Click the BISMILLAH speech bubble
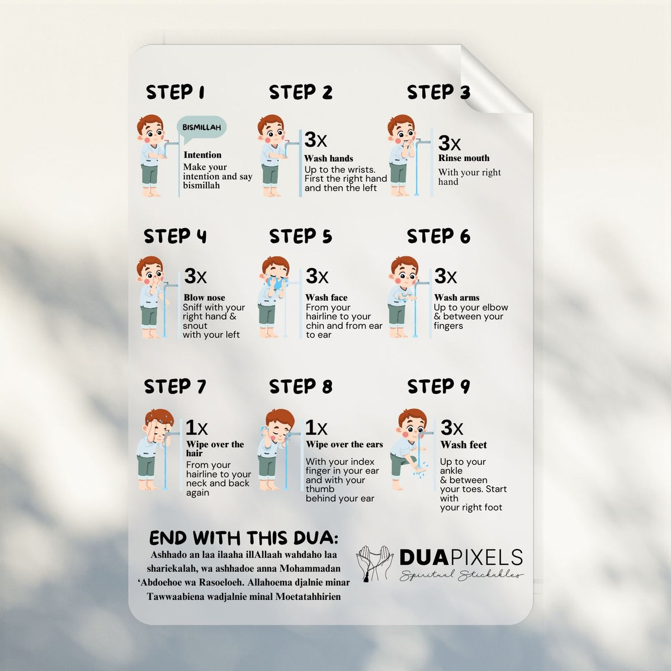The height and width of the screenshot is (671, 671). coord(201,129)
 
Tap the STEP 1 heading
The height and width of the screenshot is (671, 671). coord(175,92)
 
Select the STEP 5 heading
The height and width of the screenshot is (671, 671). coord(300,237)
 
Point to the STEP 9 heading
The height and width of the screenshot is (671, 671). coord(438,386)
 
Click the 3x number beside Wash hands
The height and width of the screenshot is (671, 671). coord(315,140)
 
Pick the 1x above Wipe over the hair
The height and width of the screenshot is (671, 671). coord(196,427)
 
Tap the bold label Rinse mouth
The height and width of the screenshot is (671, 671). coord(464,158)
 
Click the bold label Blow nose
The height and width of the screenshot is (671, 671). coord(205,297)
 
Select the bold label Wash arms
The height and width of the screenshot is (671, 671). coord(456,297)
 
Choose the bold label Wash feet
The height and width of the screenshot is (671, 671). coord(464,445)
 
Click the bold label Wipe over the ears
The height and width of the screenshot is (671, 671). coord(344,445)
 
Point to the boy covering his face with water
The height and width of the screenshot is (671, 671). coord(273,297)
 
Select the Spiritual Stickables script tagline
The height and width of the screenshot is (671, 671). coord(461,575)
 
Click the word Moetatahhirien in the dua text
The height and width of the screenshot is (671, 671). coord(308,597)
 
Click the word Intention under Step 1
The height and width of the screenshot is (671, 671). coord(202,155)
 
